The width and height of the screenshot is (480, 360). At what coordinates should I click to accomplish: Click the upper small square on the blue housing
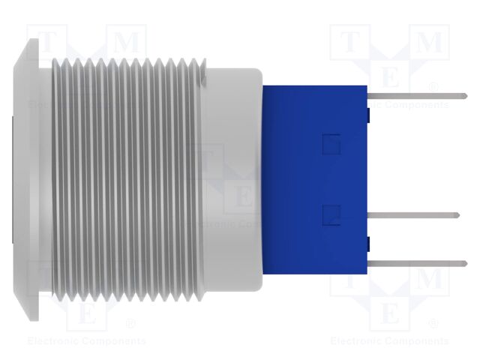[330, 143]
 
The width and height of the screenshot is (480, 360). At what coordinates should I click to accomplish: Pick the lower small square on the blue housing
[330, 215]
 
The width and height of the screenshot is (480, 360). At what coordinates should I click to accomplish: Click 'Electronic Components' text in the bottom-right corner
[389, 341]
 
